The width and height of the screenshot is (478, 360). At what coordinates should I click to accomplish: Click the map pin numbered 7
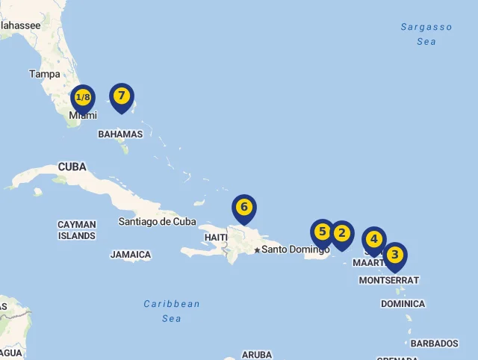click(x=121, y=96)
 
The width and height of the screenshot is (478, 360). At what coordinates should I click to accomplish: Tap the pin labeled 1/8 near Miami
click(x=83, y=98)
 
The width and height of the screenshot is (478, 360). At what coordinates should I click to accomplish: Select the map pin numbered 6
click(x=243, y=207)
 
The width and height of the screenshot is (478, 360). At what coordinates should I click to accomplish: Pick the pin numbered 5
click(x=323, y=232)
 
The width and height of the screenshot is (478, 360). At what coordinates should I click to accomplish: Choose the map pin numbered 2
click(x=342, y=234)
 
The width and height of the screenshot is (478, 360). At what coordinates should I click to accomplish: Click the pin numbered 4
click(x=374, y=240)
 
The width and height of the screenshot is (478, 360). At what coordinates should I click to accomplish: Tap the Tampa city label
click(x=44, y=74)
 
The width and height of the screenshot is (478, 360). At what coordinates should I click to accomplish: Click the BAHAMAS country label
click(x=120, y=134)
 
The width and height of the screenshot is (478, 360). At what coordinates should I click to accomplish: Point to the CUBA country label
click(x=72, y=167)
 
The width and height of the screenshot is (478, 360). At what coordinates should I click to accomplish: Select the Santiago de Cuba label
click(x=157, y=221)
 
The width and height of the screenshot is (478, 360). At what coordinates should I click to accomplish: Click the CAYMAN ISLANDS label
click(x=77, y=230)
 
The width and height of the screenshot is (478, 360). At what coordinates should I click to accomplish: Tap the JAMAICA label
click(x=131, y=255)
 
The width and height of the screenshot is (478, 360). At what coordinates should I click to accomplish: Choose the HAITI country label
click(x=216, y=238)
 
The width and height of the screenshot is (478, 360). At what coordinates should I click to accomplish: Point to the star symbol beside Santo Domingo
click(x=257, y=250)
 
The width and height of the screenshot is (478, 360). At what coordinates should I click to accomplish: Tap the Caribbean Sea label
click(x=172, y=311)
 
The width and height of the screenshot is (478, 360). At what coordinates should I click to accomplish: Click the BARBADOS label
click(x=434, y=344)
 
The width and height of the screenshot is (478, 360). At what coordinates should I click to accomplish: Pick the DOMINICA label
click(x=403, y=304)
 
